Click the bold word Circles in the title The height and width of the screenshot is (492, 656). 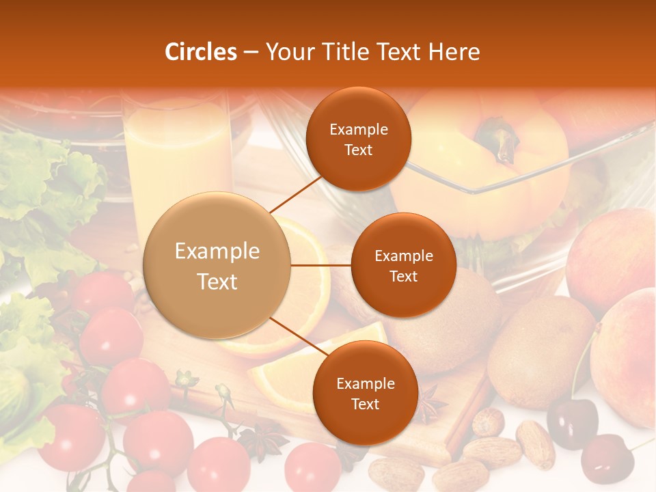(201, 53)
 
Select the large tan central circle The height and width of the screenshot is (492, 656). (217, 266)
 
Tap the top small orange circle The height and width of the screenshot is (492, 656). (358, 139)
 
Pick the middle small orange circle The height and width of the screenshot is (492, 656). (403, 265)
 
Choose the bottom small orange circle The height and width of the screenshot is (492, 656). (365, 393)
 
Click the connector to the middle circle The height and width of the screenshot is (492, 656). (320, 265)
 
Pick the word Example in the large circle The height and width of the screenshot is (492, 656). (217, 251)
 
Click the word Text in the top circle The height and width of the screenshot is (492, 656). (358, 150)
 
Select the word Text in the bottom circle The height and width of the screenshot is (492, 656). (365, 404)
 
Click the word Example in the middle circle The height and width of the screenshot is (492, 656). (403, 256)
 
